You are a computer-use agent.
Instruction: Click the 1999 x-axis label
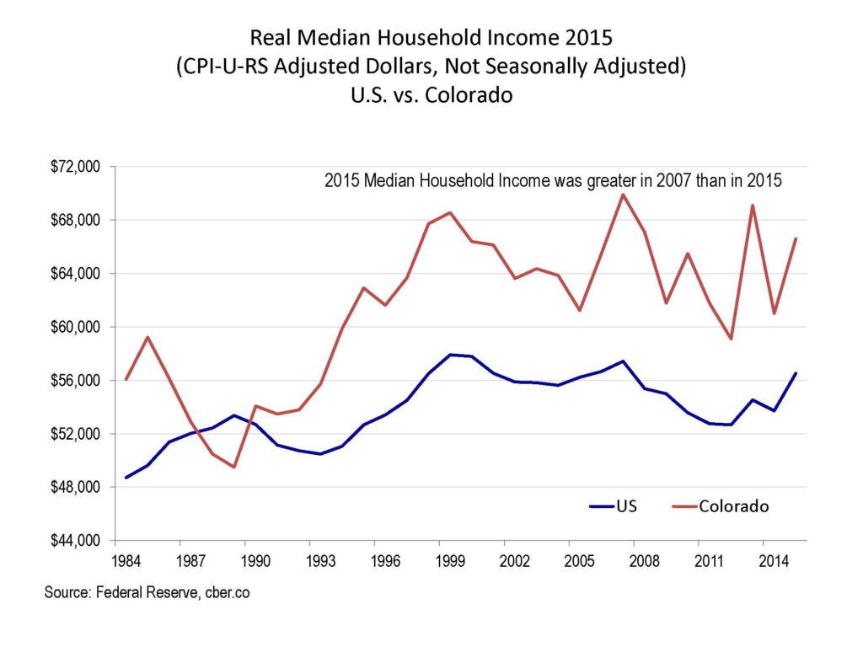[453, 559]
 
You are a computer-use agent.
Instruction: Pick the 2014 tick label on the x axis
[774, 559]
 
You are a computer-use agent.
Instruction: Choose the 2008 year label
[645, 559]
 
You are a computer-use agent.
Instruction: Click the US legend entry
[626, 506]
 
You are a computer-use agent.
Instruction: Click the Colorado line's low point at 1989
[233, 467]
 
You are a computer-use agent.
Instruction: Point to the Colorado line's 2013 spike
[753, 206]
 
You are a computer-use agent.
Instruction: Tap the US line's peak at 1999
[452, 355]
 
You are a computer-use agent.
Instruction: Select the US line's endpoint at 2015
[796, 373]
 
